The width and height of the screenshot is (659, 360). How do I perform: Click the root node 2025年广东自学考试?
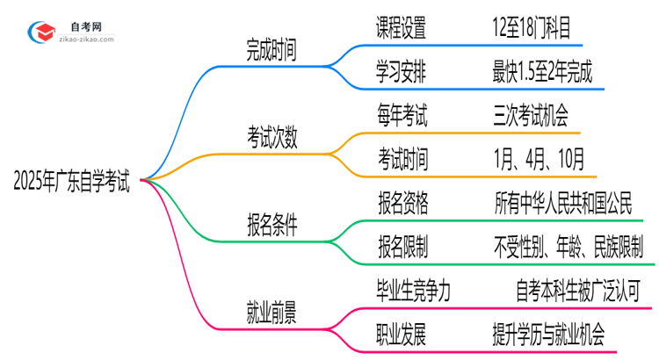tap(72, 183)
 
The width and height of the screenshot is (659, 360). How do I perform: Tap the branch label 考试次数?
tap(272, 136)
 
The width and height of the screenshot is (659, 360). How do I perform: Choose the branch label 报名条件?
tap(272, 226)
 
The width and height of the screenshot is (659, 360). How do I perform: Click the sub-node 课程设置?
tap(402, 29)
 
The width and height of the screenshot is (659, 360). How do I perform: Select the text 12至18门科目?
tap(538, 29)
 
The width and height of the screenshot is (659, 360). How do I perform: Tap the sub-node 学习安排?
tap(402, 73)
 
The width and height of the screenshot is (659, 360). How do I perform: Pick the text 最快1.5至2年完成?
tap(543, 73)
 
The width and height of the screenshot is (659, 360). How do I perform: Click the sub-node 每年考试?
tap(402, 116)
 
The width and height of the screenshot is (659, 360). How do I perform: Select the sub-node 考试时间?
tap(402, 159)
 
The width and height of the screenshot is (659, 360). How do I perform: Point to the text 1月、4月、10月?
tap(537, 159)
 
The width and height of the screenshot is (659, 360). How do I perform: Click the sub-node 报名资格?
tap(402, 204)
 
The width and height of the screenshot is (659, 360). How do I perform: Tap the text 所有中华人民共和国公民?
tap(563, 204)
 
